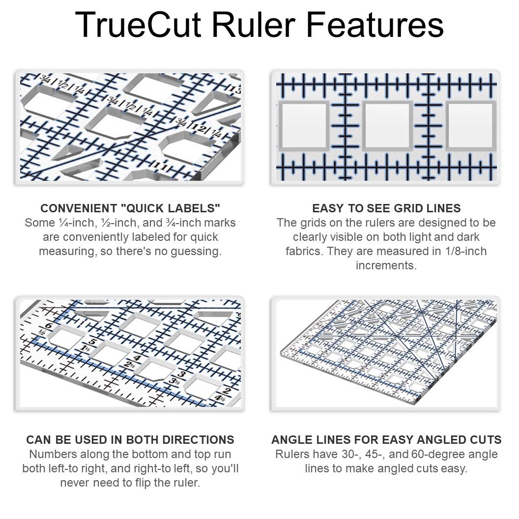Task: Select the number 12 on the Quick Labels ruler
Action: (199, 129)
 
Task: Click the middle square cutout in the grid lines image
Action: (387, 126)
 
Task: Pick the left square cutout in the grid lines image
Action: (303, 126)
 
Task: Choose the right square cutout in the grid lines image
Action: (471, 126)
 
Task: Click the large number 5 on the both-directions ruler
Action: (92, 343)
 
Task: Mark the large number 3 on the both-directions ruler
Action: (181, 375)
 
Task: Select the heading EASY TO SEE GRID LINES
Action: (386, 208)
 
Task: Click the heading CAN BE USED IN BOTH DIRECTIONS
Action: (130, 439)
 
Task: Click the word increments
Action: (386, 265)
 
